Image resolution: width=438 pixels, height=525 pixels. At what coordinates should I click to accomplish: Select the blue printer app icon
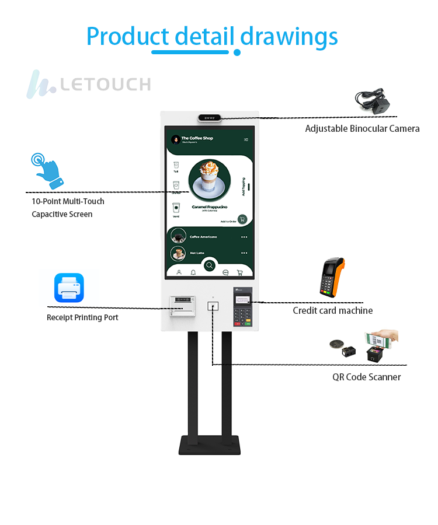tap(69, 288)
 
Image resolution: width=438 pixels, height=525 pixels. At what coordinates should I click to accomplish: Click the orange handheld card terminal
tap(331, 278)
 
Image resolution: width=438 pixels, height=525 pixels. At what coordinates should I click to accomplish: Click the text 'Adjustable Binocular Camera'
tap(362, 128)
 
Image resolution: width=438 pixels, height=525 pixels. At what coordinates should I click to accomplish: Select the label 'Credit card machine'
tap(332, 310)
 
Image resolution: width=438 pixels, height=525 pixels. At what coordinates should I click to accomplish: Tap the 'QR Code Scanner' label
tap(366, 377)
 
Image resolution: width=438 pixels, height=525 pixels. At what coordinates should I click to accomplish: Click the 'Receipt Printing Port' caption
tap(82, 317)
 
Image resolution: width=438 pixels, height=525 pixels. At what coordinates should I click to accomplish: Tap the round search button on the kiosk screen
tap(210, 265)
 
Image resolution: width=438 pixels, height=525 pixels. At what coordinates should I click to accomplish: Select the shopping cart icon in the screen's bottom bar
tap(239, 272)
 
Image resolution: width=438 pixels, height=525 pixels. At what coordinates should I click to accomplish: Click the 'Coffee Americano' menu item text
tap(203, 237)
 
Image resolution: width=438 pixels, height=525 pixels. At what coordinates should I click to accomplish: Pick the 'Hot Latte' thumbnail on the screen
tap(178, 253)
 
